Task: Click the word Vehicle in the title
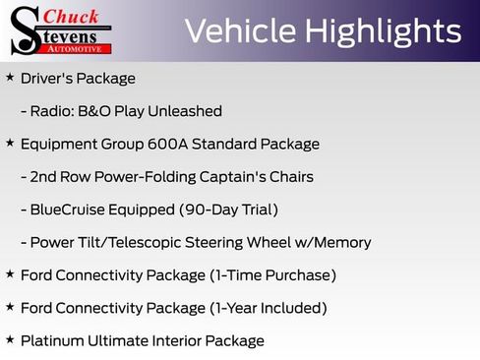[x=239, y=31]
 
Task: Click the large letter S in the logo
[x=25, y=31]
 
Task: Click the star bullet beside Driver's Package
[x=10, y=78]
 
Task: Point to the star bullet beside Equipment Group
[x=10, y=144]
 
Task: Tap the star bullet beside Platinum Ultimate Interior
[x=10, y=340]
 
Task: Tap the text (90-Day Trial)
[x=228, y=210]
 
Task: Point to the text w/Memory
[x=334, y=243]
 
